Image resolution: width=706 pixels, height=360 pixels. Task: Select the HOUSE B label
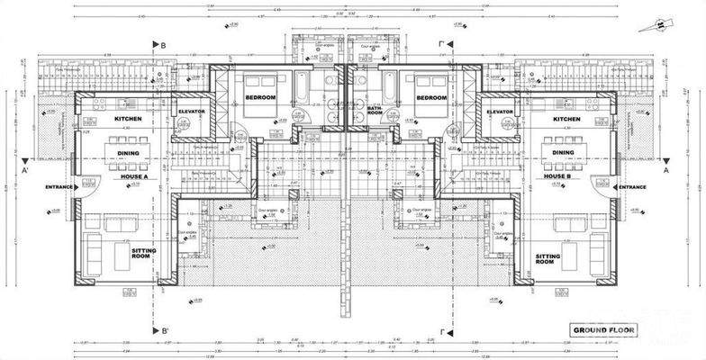click(557, 176)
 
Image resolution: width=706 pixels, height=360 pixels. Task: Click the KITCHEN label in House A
click(130, 119)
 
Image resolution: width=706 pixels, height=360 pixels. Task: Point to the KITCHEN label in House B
click(566, 119)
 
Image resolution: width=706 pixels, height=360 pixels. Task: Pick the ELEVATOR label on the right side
click(499, 112)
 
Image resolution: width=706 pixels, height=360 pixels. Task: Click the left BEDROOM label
click(261, 97)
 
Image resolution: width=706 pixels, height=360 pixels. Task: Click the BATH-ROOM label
click(376, 112)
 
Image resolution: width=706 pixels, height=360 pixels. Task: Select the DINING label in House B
click(563, 153)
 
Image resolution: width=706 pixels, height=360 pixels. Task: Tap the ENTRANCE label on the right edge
click(630, 187)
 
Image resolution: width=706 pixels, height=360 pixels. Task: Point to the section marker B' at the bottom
click(165, 331)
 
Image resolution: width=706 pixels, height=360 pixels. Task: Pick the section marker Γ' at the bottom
click(444, 331)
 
